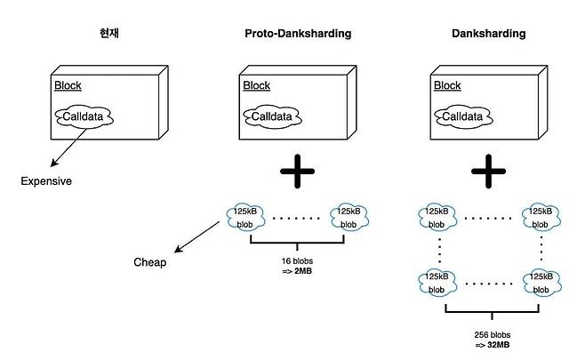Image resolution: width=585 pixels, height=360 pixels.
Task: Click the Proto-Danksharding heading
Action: click(298, 34)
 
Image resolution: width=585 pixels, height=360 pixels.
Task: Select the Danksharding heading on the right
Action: click(488, 34)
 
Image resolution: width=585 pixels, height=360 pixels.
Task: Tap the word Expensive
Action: click(46, 181)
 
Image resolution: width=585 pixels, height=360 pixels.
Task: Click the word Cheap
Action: click(150, 262)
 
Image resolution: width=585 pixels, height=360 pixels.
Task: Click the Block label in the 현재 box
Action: click(67, 86)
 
